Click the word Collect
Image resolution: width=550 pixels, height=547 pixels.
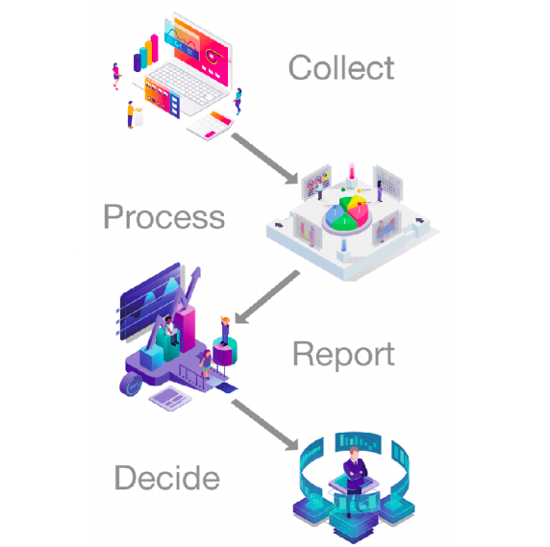[341, 67]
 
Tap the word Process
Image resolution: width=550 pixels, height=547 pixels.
[164, 217]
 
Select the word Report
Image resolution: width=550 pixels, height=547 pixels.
[344, 354]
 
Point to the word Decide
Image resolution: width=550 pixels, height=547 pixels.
[167, 477]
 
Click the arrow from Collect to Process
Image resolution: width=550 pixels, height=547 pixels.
[264, 159]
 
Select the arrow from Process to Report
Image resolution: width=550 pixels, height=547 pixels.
[267, 297]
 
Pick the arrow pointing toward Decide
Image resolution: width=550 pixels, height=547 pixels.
[264, 425]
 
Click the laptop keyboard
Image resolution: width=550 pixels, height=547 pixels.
[186, 83]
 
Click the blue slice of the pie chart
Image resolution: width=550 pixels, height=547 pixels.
[335, 214]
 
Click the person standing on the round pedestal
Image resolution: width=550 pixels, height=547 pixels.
[225, 330]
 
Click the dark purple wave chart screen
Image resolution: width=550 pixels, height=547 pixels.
[150, 301]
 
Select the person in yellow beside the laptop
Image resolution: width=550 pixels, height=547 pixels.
[130, 114]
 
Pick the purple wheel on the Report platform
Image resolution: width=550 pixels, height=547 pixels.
[131, 385]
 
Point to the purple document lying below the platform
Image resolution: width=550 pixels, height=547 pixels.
[170, 398]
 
